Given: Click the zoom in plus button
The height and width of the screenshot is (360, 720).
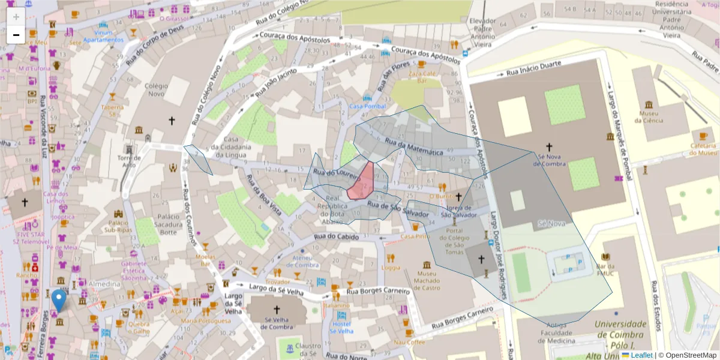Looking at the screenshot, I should [16, 17].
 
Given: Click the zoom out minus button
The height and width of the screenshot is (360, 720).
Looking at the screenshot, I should [16, 35].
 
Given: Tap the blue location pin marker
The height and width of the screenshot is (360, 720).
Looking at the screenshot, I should [59, 300].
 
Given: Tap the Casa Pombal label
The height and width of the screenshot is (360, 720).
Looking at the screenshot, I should [367, 106].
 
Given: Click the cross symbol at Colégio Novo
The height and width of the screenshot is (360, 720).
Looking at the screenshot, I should [172, 121].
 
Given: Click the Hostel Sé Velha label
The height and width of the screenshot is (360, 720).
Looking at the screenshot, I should [341, 328].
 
